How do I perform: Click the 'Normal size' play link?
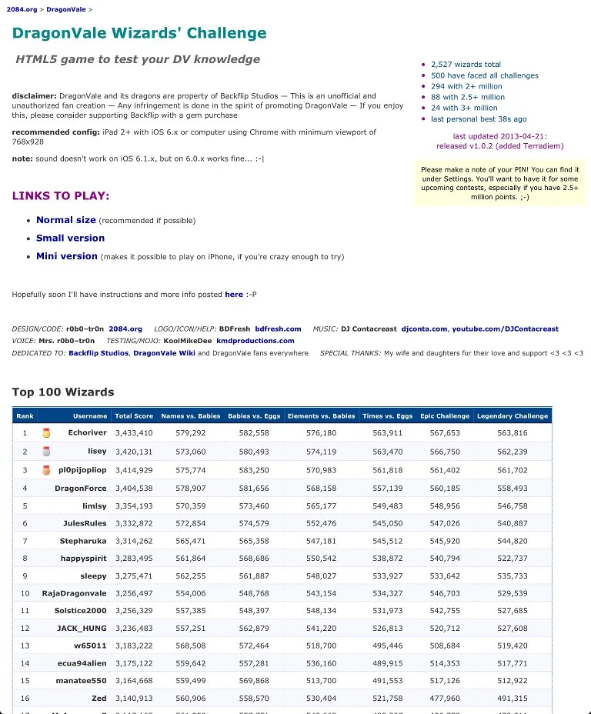(x=66, y=220)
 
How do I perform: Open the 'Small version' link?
(x=70, y=239)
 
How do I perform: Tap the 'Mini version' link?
(x=67, y=256)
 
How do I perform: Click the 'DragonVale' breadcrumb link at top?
(x=65, y=9)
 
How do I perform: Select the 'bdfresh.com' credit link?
(x=278, y=329)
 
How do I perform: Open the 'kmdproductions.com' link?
(x=255, y=341)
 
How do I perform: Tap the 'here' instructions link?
(x=233, y=295)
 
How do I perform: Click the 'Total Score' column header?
(x=134, y=416)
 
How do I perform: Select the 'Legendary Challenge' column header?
(x=513, y=416)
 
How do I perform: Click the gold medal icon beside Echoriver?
(x=46, y=433)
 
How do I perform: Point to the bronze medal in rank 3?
(x=46, y=470)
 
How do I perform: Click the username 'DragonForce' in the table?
(x=80, y=489)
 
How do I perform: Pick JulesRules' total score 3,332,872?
(x=134, y=524)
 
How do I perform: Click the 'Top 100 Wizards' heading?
(x=63, y=392)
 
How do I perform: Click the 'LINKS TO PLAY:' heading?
(x=61, y=196)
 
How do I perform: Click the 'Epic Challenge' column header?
(x=445, y=416)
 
